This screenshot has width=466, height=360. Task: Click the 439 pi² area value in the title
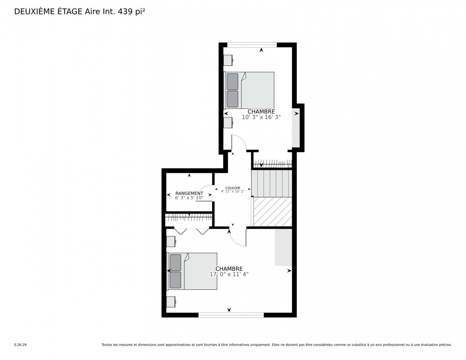pos(131,12)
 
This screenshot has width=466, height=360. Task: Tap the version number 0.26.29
pos(21,345)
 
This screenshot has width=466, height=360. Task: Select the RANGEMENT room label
pos(189,193)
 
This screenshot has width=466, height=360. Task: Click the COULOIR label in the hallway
pos(232,188)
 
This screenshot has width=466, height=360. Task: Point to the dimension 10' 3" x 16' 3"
pos(261,117)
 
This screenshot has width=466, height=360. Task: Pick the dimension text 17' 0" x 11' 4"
pos(229,274)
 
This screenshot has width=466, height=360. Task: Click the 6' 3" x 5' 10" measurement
pos(189,198)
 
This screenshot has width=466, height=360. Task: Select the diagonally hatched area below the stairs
pos(272,212)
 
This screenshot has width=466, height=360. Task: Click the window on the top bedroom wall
pos(252,45)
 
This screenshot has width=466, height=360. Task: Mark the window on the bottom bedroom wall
pos(231,315)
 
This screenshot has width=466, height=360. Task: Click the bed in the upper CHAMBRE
pos(249,90)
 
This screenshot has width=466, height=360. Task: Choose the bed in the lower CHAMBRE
pos(192,271)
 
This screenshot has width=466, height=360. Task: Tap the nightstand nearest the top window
pos(228,60)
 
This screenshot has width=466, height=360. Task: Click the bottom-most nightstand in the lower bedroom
pos(171,302)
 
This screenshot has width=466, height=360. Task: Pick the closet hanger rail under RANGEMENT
pos(189,217)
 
